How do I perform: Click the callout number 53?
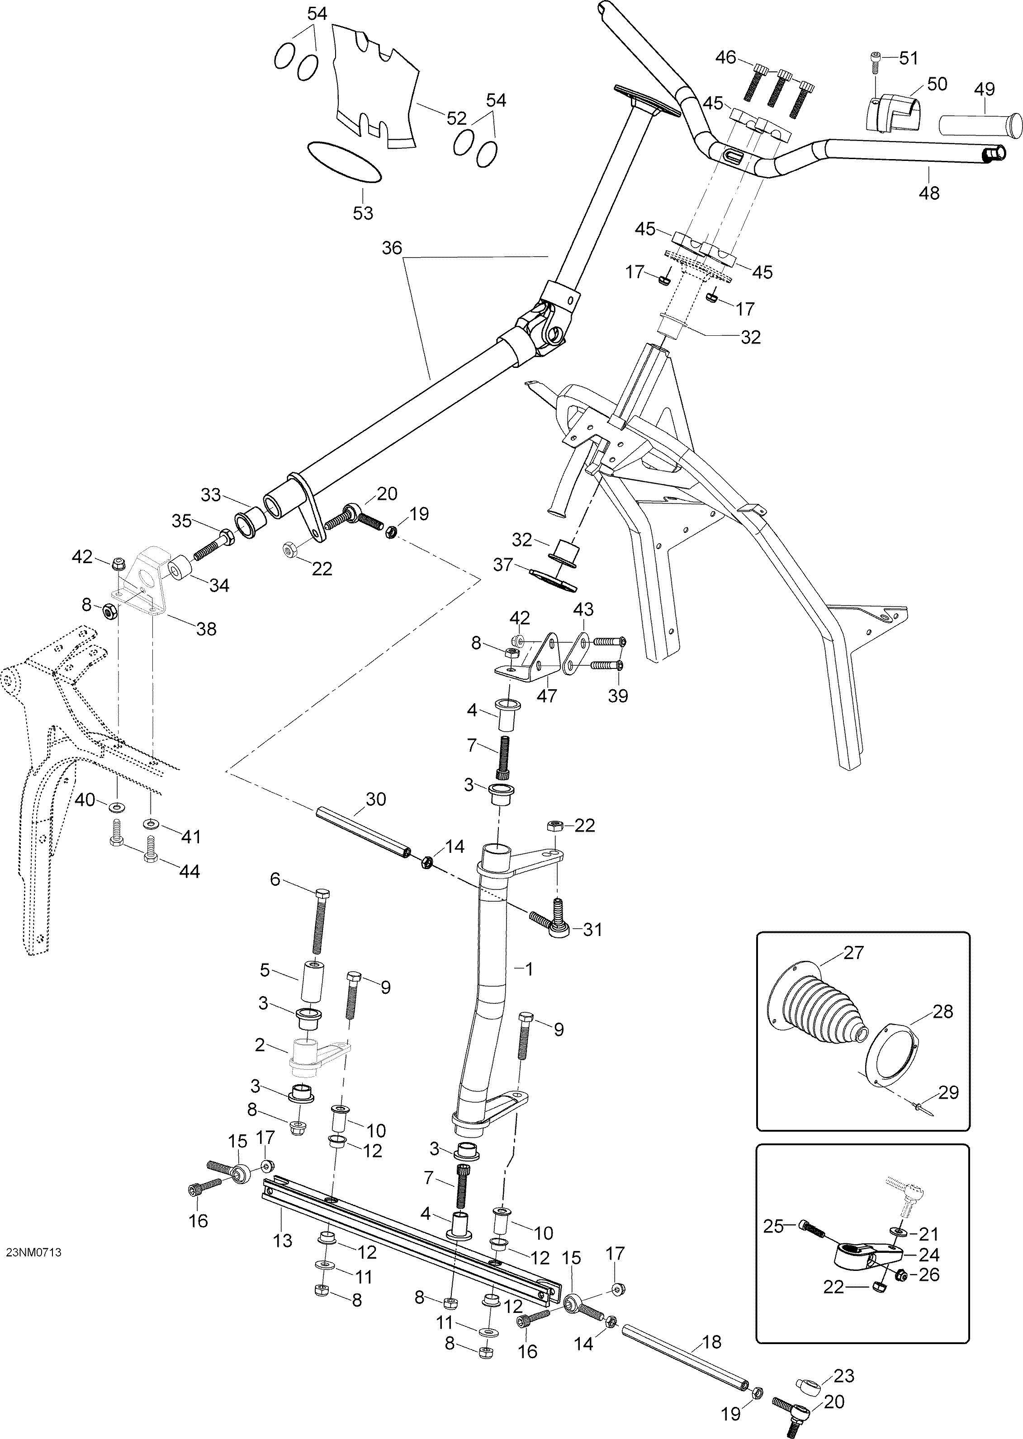click(363, 213)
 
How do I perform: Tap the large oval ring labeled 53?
click(344, 162)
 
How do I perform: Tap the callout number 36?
click(391, 248)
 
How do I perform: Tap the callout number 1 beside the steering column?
click(529, 969)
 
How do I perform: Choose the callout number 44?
click(189, 871)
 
